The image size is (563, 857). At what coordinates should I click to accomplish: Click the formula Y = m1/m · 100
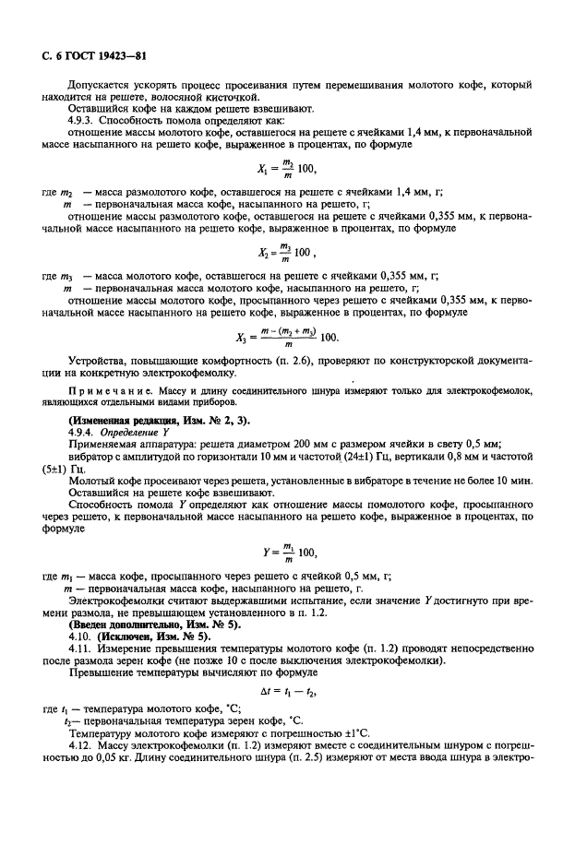[x=284, y=553]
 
